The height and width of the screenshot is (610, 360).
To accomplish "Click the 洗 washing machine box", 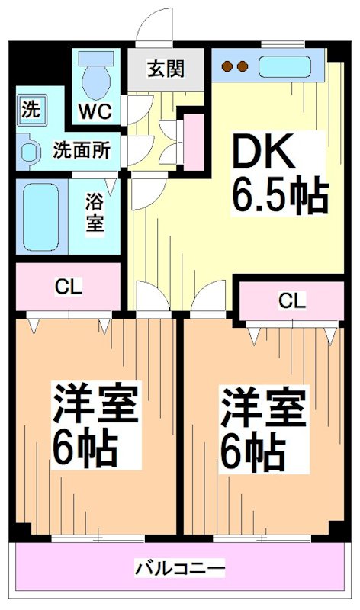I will point(31,107).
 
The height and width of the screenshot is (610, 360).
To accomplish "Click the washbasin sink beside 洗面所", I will point(29,150).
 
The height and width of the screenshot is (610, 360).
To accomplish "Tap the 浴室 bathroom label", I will point(95,215).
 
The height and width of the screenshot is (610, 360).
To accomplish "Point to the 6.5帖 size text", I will point(280,197).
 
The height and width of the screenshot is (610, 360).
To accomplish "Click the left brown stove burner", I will point(227,66).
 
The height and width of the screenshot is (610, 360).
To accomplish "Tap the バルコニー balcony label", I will point(180,568).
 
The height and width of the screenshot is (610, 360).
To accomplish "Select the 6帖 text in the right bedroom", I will point(254,451).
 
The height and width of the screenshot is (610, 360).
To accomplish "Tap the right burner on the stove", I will point(243,66).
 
